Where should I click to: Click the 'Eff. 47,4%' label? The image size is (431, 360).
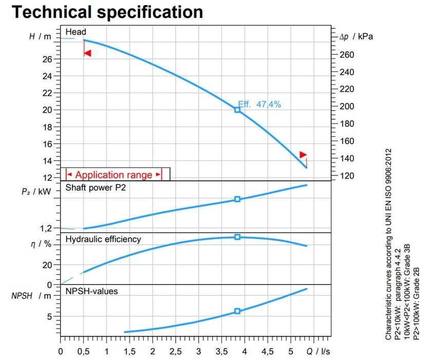259,104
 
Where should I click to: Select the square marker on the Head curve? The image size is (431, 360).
237,110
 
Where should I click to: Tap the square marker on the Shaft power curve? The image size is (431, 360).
237,199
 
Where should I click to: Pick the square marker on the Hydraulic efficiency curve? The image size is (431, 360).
237,237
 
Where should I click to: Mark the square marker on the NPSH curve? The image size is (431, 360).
237,311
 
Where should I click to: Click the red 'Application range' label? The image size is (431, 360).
114,175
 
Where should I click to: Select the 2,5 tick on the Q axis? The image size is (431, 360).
176,352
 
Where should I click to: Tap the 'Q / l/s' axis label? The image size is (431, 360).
318,352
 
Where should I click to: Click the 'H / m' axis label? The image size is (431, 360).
41,38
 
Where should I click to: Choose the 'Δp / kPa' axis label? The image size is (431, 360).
356,38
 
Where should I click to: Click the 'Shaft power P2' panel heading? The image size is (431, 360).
96,188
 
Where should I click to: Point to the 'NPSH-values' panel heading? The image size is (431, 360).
91,292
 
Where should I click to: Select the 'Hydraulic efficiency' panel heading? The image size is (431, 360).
103,239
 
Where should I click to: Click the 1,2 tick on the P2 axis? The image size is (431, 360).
47,228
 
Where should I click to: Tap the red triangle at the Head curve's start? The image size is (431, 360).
87,53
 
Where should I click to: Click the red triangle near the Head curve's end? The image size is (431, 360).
303,154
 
